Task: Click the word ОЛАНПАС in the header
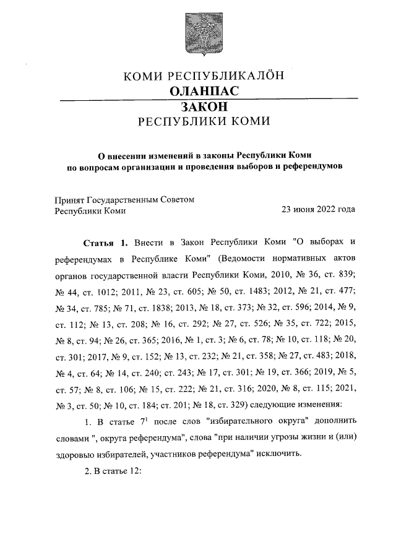tap(204, 91)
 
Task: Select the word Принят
tap(69, 199)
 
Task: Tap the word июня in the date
tap(298, 210)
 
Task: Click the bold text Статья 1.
tap(105, 241)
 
